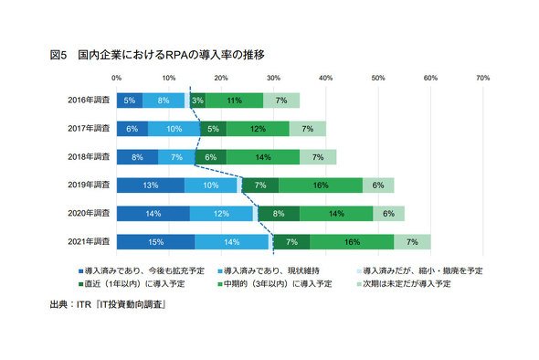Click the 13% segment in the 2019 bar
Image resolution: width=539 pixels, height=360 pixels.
coord(151,185)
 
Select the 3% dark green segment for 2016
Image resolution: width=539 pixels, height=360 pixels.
coord(197,101)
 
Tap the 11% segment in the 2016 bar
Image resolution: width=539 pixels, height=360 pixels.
coord(235,101)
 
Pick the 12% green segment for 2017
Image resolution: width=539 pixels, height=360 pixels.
coord(258,129)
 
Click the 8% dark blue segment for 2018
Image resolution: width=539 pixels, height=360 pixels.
coord(138,157)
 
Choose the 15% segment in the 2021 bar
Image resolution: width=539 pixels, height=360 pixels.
coord(155,242)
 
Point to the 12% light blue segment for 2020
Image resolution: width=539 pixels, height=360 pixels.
coord(221,214)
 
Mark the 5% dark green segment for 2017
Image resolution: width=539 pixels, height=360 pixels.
coord(213,129)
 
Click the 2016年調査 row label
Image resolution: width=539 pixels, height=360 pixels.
coord(89,101)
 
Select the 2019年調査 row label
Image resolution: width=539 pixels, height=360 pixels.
coord(89,185)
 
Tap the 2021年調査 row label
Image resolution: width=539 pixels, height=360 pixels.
coord(89,242)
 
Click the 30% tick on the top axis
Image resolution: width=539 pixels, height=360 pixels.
coord(274,78)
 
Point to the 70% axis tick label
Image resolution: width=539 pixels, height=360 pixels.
coord(483,78)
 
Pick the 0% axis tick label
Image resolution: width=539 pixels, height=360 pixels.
coord(117,78)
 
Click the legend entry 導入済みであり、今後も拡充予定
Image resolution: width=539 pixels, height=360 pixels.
coord(142,271)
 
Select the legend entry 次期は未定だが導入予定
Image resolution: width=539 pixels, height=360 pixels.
coord(404,284)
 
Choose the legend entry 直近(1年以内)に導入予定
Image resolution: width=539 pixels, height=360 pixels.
coord(132,284)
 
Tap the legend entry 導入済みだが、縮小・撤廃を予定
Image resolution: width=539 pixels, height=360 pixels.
coord(420,271)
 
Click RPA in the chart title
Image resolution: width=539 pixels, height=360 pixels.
coord(176,55)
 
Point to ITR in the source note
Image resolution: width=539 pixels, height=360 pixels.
coord(84,304)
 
